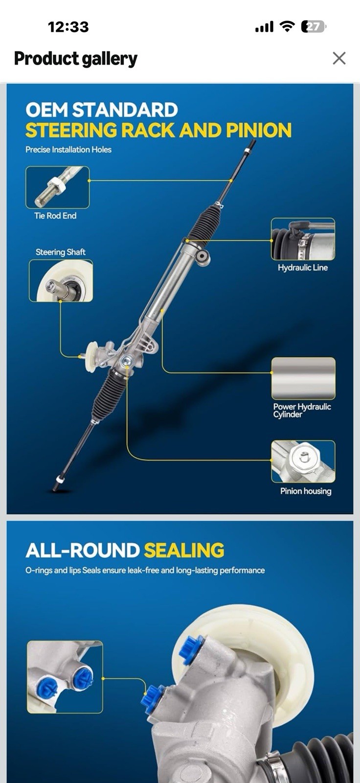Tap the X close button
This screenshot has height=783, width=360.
(339, 58)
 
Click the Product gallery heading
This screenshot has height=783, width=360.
(75, 59)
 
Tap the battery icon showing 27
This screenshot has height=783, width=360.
(314, 27)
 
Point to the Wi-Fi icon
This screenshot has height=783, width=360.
(287, 26)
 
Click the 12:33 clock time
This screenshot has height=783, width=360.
(68, 27)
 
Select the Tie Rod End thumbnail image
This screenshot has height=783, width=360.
(57, 187)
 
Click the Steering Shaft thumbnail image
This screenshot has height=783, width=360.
(61, 281)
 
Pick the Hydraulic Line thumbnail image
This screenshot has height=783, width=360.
(303, 239)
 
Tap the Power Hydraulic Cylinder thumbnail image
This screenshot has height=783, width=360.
(303, 379)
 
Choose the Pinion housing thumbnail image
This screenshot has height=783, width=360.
(303, 462)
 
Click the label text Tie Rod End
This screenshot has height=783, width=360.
(55, 216)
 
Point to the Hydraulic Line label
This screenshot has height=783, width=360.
(303, 268)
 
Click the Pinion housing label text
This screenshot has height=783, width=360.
(306, 491)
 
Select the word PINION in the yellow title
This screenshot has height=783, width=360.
(259, 130)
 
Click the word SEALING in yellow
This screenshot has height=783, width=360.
(184, 550)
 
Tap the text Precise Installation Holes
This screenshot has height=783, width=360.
(68, 150)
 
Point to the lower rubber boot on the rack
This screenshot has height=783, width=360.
(109, 394)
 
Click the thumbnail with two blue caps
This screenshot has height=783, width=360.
(65, 677)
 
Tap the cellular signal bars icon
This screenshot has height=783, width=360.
(264, 27)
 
